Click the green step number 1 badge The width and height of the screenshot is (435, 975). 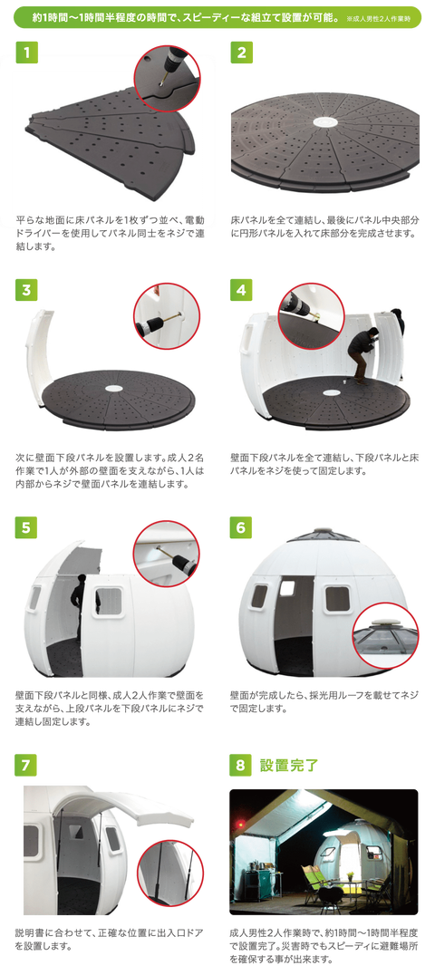click(x=26, y=53)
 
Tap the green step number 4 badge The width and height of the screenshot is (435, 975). click(x=241, y=290)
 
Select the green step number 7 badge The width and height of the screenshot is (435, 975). click(x=26, y=765)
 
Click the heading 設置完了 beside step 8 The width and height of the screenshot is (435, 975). click(x=289, y=765)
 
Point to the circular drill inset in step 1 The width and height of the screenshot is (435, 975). click(x=167, y=78)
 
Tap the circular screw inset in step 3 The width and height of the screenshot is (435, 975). click(x=167, y=316)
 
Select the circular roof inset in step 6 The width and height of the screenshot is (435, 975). click(x=385, y=642)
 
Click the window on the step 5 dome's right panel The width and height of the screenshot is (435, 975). click(x=108, y=602)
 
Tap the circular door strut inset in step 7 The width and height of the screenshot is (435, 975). click(x=169, y=873)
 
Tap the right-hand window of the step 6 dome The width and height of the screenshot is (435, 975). click(x=337, y=599)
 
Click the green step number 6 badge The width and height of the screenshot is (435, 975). click(x=241, y=527)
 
